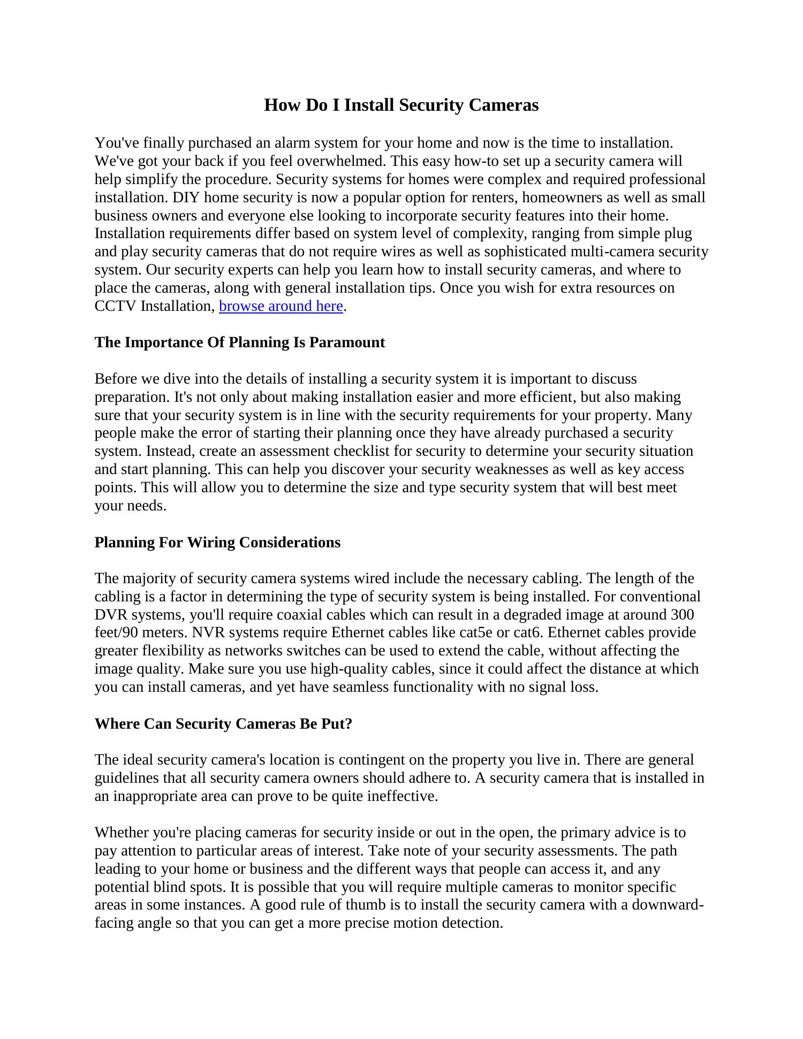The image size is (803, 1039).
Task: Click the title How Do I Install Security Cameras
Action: click(x=401, y=105)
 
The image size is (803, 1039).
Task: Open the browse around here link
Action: click(x=281, y=306)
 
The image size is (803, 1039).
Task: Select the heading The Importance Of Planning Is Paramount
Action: click(x=239, y=342)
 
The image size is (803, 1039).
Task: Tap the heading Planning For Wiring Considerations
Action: click(x=217, y=542)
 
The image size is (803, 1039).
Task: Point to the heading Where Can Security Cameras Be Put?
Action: click(x=223, y=723)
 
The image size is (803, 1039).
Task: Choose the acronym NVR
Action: click(x=205, y=632)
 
